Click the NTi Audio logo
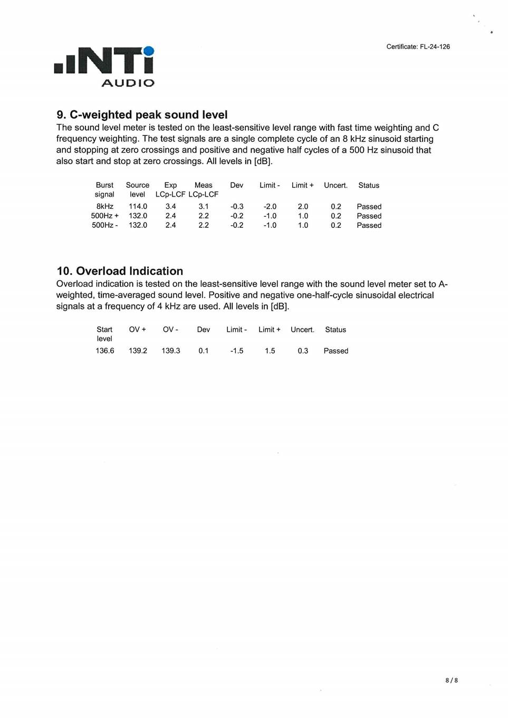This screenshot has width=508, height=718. [x=104, y=66]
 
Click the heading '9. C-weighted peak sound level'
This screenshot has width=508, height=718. [x=142, y=114]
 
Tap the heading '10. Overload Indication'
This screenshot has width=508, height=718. [x=120, y=271]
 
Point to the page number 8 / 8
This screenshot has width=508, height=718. [x=452, y=680]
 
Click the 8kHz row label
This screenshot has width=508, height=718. [x=104, y=206]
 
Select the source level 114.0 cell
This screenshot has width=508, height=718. [x=138, y=206]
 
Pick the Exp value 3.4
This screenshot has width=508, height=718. [x=170, y=206]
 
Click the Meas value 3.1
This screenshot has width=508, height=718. [x=204, y=206]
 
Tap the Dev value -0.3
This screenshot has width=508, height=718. [x=237, y=206]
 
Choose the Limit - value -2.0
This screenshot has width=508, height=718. [x=270, y=206]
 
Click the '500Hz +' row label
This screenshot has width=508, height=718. [x=104, y=216]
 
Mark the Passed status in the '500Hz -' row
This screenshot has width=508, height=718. [x=369, y=225]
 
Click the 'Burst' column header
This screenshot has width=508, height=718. [x=104, y=185]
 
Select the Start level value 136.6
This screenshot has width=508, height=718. [x=104, y=351]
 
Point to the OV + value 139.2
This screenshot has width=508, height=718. [x=138, y=351]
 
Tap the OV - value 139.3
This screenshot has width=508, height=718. [x=170, y=351]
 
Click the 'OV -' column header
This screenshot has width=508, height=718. [x=170, y=330]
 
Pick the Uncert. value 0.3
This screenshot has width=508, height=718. [x=303, y=351]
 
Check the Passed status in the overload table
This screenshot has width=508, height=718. [x=336, y=351]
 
